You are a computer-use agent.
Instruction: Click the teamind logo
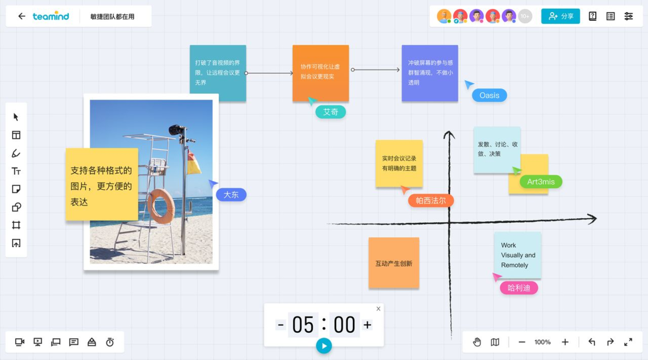tap(51, 16)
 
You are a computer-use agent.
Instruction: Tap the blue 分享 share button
tap(560, 16)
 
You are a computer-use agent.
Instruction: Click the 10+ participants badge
tap(525, 16)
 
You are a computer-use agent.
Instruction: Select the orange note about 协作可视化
tap(321, 72)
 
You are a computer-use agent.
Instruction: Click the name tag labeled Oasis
tap(489, 95)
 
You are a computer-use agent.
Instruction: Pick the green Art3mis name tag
tap(540, 182)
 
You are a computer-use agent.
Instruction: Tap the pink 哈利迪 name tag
tap(518, 288)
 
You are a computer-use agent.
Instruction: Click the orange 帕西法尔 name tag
tap(430, 200)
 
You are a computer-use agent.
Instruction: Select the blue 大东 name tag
tap(231, 194)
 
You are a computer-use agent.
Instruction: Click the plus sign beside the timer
tap(367, 325)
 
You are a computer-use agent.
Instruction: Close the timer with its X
tap(378, 308)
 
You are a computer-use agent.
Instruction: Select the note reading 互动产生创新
tap(393, 263)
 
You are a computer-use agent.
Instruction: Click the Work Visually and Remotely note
tap(517, 255)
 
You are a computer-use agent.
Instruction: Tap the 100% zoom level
tap(542, 342)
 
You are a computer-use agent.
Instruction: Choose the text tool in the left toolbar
tap(16, 171)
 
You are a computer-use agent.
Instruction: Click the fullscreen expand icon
tap(628, 342)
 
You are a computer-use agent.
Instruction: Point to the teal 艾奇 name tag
tap(330, 112)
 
